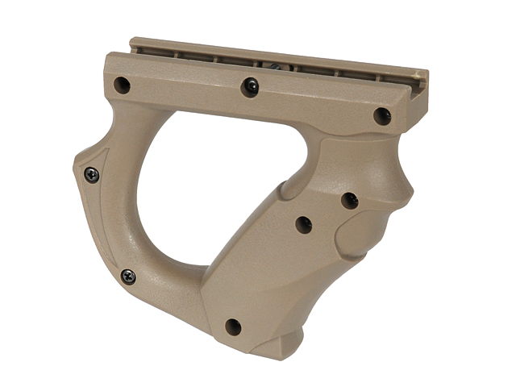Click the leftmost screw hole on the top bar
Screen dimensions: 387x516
[x=122, y=83]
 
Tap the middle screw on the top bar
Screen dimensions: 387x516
[x=251, y=85]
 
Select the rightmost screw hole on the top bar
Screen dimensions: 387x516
[x=382, y=116]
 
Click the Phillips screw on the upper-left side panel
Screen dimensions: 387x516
[x=92, y=173]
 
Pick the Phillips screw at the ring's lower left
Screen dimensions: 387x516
[x=127, y=277]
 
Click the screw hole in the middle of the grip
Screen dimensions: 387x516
[x=304, y=225]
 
